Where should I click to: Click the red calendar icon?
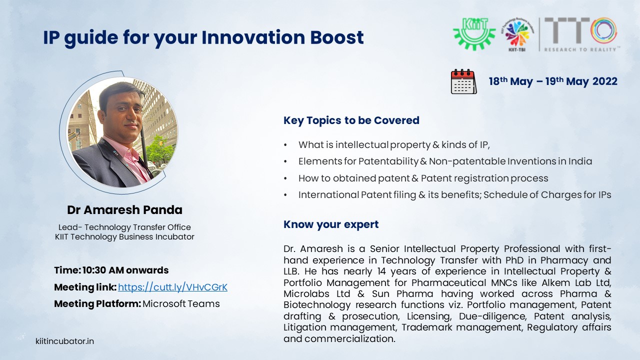click(463, 81)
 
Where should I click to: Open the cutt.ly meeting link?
click(172, 287)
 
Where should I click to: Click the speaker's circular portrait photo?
click(122, 132)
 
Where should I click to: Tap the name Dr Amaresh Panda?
click(124, 210)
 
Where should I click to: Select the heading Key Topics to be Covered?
click(351, 120)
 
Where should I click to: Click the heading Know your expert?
click(331, 224)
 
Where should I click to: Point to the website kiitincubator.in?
click(64, 341)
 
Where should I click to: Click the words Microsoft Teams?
click(181, 303)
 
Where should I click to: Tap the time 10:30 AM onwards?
click(125, 270)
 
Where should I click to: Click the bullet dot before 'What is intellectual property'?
click(285, 145)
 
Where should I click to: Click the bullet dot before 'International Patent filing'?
click(285, 195)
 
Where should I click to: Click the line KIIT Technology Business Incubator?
click(124, 237)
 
